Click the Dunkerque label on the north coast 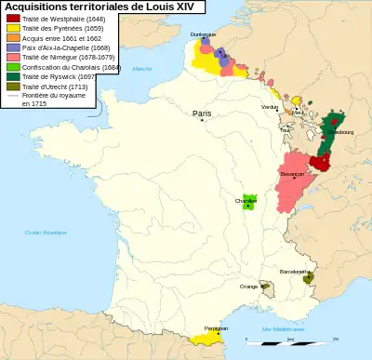coord(203,33)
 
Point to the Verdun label coord(270,107)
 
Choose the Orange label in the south coord(249,287)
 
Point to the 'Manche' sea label coord(140,69)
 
